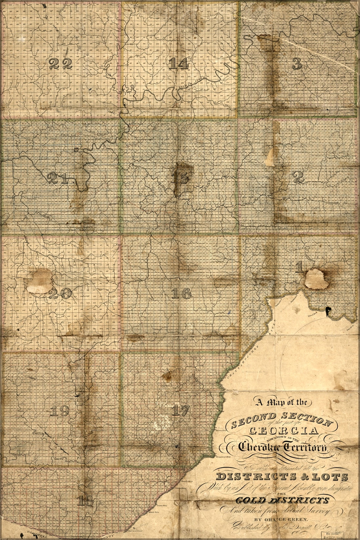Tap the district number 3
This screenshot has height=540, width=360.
click(x=296, y=64)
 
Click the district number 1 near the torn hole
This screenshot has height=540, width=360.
click(x=299, y=268)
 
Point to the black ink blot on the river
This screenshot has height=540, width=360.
click(x=327, y=311)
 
